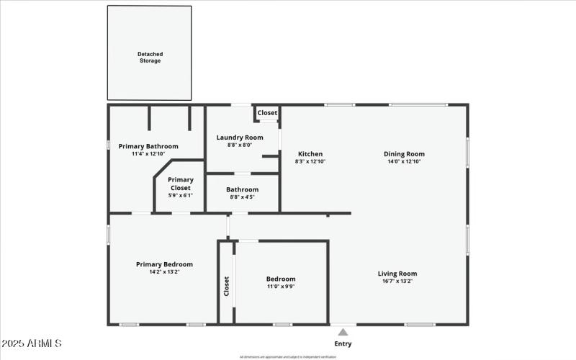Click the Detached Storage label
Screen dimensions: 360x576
point(150,57)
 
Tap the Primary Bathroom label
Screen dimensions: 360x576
point(148,146)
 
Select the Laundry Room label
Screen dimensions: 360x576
point(240,137)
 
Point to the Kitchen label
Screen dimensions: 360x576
point(310,153)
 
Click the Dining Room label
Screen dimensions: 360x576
point(404,153)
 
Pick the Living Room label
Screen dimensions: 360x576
point(397,274)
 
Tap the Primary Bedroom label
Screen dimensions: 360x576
point(164,264)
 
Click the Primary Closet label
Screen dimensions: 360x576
point(181,184)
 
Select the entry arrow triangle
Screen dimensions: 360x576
point(343,332)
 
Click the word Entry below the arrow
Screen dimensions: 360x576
point(343,343)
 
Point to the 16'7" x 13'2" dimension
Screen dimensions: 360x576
point(397,282)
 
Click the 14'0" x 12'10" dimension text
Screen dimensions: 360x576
point(404,161)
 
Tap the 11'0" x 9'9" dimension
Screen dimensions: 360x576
point(281,287)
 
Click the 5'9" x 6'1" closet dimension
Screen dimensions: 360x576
point(181,196)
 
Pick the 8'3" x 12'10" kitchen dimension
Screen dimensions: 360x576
point(310,161)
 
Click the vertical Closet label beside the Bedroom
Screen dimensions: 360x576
point(226,287)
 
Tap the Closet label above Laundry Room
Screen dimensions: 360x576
point(267,113)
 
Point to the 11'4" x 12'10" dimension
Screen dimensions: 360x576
point(148,153)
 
